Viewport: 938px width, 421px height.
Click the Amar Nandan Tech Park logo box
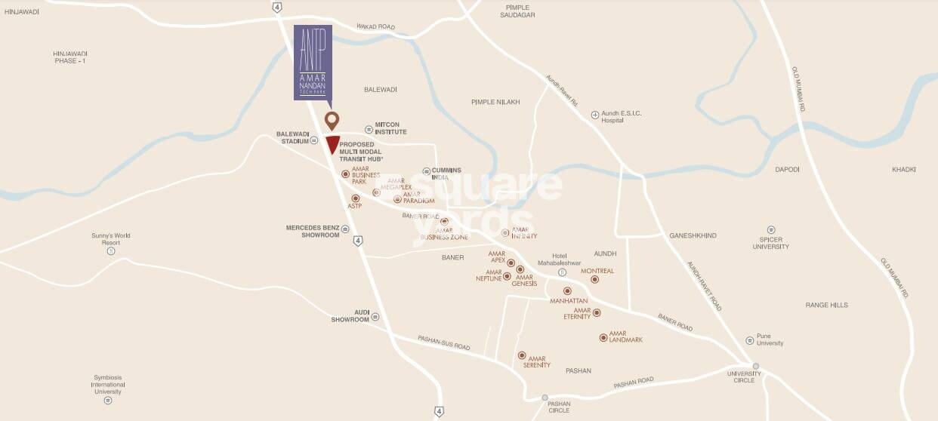click(312, 63)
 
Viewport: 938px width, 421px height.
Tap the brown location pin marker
click(331, 120)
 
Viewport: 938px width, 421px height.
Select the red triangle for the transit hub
click(332, 145)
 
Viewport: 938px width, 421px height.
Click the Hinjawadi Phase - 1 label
click(70, 57)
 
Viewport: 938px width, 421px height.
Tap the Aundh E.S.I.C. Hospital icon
click(595, 115)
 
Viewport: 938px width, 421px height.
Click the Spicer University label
click(770, 242)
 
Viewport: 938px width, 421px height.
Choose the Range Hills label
click(826, 305)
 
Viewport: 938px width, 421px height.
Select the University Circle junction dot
click(755, 367)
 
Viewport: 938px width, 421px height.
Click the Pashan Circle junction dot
click(545, 398)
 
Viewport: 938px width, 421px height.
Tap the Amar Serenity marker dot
click(521, 355)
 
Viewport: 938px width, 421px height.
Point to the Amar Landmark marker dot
click(603, 337)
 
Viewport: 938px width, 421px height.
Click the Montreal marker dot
click(594, 279)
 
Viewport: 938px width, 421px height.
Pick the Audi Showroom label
click(350, 315)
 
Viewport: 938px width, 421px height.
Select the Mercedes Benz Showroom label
click(312, 231)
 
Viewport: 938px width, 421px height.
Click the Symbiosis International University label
click(108, 384)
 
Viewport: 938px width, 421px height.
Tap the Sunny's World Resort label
click(112, 239)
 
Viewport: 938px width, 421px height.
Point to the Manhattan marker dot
click(567, 290)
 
